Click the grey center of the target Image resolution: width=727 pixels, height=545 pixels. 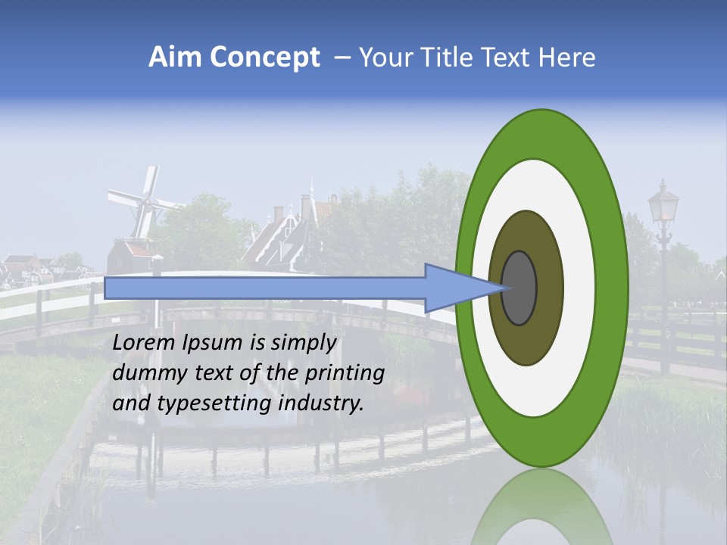point(520,288)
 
